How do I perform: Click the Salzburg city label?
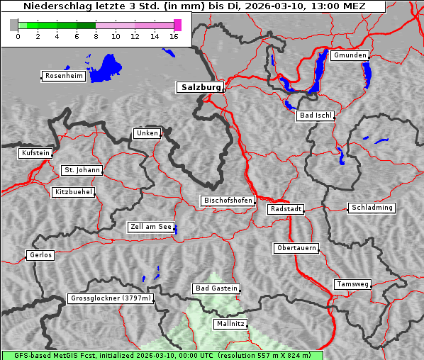click(x=200, y=87)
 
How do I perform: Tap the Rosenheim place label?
click(x=64, y=76)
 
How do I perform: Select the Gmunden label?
click(x=350, y=55)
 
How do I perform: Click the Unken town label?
click(x=147, y=133)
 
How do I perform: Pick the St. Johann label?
click(x=82, y=170)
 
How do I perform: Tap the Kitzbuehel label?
click(x=73, y=192)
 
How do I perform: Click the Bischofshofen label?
click(x=228, y=201)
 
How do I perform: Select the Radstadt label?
click(x=286, y=209)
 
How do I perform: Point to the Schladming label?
click(x=372, y=208)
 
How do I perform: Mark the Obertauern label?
click(x=296, y=248)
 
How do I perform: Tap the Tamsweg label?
click(x=352, y=284)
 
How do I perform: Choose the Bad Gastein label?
click(x=216, y=288)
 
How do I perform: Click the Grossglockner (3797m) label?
click(x=111, y=299)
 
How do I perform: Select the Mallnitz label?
click(x=230, y=324)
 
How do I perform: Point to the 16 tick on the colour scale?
click(x=174, y=37)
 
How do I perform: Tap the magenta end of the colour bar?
click(x=177, y=25)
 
